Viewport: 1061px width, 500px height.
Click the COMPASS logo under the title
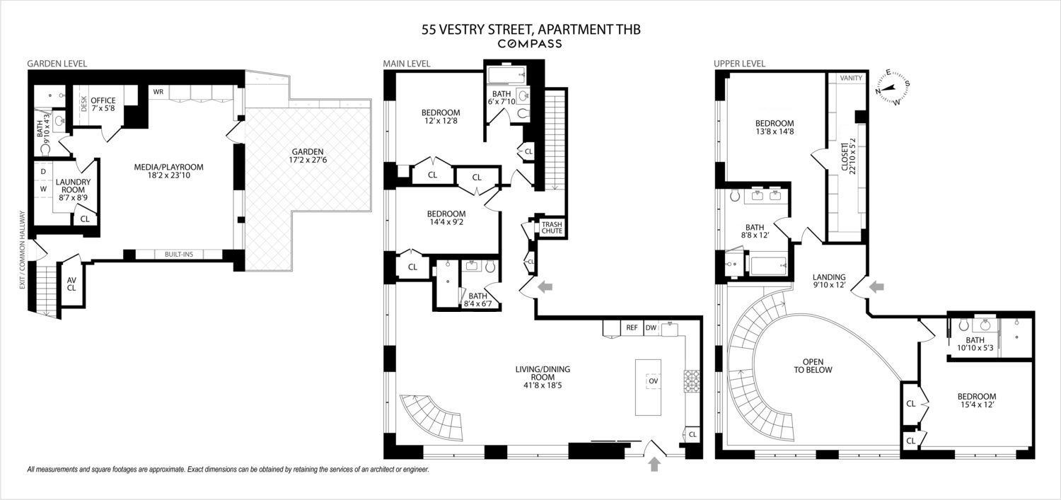pos(530,44)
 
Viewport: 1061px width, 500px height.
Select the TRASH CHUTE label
pos(551,227)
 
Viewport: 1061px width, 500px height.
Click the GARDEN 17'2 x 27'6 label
pos(308,156)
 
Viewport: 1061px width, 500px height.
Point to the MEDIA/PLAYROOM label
pos(168,171)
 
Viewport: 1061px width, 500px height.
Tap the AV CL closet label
pos(71,283)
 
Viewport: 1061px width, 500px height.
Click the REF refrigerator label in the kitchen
pos(632,328)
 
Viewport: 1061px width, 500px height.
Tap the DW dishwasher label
pos(651,328)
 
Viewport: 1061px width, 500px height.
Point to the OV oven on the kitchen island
pos(653,381)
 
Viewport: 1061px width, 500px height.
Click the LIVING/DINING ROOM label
pos(543,373)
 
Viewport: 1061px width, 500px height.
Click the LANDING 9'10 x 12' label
pos(829,282)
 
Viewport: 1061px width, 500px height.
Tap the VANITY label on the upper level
pos(850,78)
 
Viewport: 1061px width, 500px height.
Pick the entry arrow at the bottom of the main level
pos(654,464)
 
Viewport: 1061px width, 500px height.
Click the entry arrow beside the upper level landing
pos(876,286)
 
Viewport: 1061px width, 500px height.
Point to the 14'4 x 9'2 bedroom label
pos(446,219)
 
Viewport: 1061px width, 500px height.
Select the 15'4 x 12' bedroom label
pos(977,401)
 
